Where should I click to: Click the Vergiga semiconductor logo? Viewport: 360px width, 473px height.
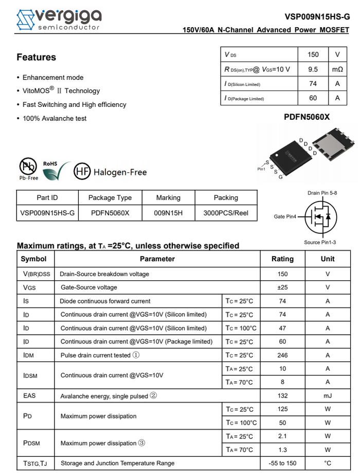tap(58, 19)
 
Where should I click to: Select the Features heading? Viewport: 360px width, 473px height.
tap(36, 57)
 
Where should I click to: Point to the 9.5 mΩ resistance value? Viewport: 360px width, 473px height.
tap(313, 69)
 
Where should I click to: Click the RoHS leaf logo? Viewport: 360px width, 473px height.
tap(53, 170)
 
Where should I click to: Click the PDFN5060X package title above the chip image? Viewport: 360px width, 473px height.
tap(307, 117)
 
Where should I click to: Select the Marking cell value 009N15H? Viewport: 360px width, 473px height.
tap(168, 212)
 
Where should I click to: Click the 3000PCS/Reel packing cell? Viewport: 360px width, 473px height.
tap(226, 212)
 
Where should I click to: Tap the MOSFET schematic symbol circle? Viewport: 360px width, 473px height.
tap(321, 216)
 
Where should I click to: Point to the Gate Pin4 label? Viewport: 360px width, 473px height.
tap(285, 217)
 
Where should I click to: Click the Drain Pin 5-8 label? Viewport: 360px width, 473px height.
tap(322, 193)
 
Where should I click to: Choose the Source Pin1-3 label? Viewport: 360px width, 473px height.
tap(320, 242)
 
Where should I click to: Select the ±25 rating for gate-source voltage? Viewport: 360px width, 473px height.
tap(282, 287)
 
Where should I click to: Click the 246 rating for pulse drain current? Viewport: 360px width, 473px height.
tap(282, 355)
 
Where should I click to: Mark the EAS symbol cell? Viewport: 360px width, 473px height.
tap(29, 396)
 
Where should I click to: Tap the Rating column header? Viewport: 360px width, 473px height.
tap(282, 259)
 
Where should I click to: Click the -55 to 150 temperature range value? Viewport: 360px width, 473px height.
tap(282, 463)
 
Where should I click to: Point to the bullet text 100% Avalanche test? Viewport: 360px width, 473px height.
tap(55, 118)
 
